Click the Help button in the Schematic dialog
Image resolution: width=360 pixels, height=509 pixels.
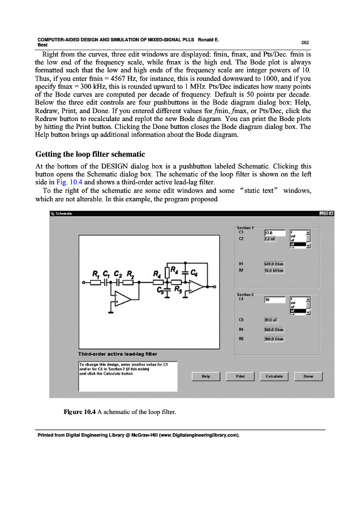[207, 376]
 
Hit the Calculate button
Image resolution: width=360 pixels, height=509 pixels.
[274, 376]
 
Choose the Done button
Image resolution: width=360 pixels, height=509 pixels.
[308, 376]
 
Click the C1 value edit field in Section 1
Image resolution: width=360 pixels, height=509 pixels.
[275, 232]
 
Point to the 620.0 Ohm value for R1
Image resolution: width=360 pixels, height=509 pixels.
[274, 264]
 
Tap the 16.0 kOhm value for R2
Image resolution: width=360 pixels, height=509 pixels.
[274, 271]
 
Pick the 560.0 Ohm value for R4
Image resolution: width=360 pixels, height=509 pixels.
[274, 329]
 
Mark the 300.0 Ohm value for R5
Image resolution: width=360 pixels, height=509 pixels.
[274, 339]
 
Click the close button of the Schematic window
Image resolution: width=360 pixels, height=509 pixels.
[331, 213]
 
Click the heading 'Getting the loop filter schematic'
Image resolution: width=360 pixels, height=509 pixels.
[90, 154]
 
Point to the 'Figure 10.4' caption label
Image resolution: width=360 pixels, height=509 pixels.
[79, 411]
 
